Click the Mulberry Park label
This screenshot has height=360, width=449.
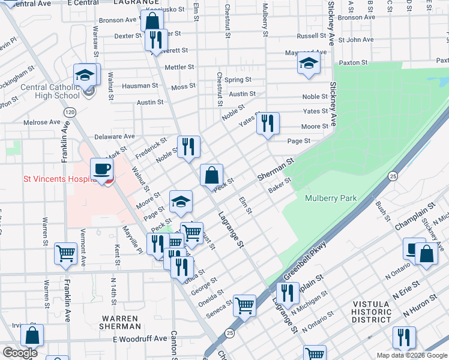(x=331, y=198)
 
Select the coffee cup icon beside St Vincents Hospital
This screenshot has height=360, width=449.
(x=101, y=169)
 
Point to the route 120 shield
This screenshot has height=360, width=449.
(x=70, y=112)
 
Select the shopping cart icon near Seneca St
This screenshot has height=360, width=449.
(x=244, y=305)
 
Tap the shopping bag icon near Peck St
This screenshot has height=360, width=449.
(x=211, y=176)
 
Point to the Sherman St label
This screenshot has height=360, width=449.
(x=276, y=170)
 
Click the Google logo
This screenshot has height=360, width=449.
(x=20, y=352)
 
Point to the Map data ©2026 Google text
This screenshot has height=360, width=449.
(x=411, y=355)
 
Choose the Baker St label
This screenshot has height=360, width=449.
(x=279, y=185)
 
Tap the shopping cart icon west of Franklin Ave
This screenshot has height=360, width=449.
(x=65, y=253)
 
